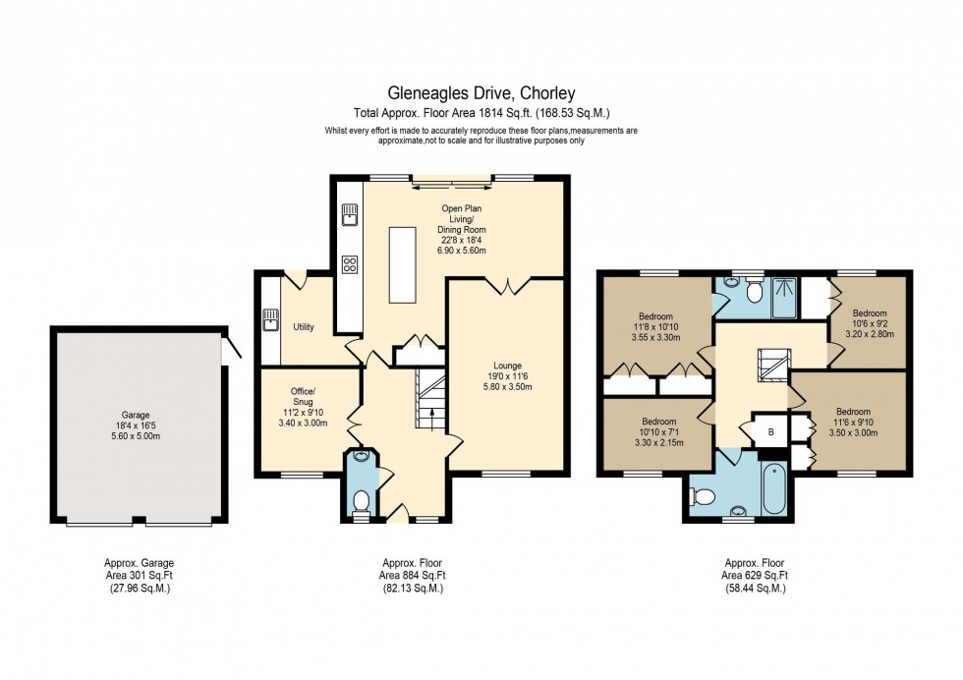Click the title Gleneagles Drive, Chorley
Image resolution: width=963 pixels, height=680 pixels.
point(481,94)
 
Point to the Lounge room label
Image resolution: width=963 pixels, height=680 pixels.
point(508,366)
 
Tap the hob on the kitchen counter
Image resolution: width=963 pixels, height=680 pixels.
point(348,263)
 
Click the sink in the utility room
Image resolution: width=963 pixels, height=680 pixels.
point(271,319)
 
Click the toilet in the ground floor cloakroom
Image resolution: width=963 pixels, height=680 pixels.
point(361,502)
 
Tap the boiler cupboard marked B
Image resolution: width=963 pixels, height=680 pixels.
point(769,430)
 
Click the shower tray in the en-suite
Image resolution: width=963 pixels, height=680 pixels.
point(786,297)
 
